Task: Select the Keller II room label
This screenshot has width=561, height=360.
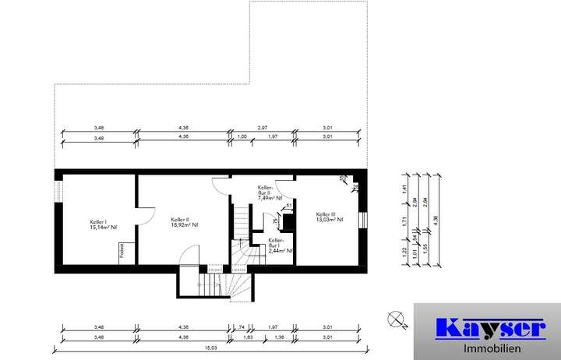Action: pyautogui.click(x=181, y=220)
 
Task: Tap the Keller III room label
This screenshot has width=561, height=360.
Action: pyautogui.click(x=326, y=214)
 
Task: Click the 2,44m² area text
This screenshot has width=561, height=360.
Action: pyautogui.click(x=280, y=251)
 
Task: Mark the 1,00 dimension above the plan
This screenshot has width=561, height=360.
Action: pyautogui.click(x=242, y=137)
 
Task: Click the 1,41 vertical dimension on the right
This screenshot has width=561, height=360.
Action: pyautogui.click(x=404, y=189)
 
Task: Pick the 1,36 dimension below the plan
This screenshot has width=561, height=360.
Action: pyautogui.click(x=279, y=337)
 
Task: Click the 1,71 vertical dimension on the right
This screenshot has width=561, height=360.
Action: pyautogui.click(x=404, y=222)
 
